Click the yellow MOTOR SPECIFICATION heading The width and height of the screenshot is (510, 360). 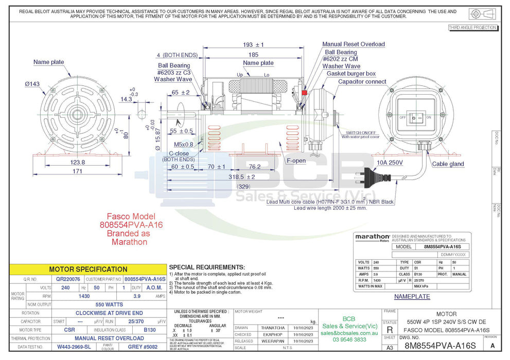88,269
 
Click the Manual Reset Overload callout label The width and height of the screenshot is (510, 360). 354,44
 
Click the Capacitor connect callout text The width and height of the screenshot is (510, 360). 362,82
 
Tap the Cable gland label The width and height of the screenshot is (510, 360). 448,164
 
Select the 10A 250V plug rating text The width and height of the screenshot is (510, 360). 390,162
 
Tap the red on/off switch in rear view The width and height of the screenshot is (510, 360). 420,117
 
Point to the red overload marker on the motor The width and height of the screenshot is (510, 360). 304,93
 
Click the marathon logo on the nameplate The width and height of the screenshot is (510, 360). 372,237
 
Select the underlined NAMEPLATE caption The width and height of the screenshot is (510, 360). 412,297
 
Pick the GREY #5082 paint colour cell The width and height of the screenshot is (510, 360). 142,347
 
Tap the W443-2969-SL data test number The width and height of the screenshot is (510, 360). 74,347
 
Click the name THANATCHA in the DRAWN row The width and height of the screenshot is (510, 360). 273,328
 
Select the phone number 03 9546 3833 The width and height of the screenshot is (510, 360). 349,339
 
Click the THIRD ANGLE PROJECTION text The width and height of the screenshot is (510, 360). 472,28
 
